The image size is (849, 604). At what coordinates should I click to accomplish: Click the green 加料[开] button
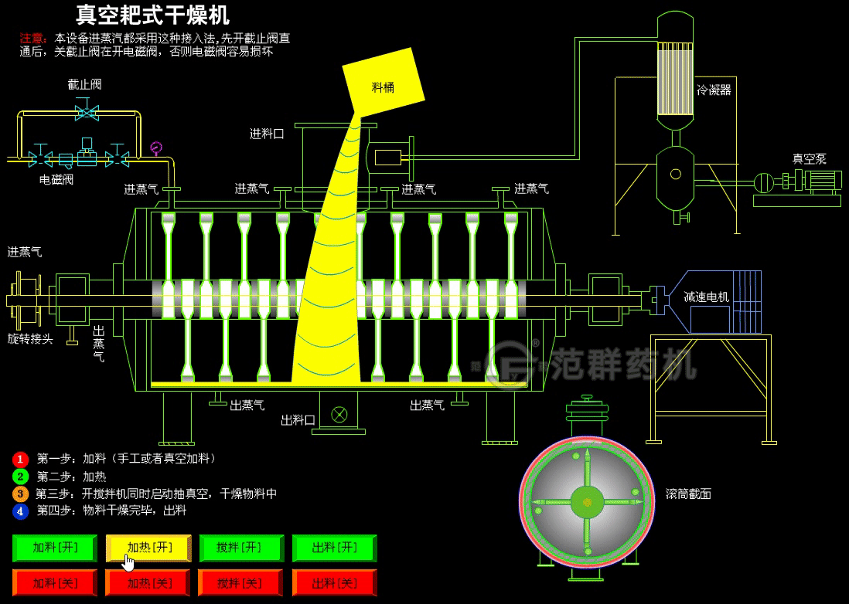[x=55, y=548]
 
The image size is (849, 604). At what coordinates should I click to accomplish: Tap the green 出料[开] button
[x=334, y=548]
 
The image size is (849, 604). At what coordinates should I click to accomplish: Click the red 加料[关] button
[x=55, y=583]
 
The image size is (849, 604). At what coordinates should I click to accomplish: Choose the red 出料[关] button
[x=334, y=583]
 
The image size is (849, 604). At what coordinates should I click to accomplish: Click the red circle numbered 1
[x=21, y=460]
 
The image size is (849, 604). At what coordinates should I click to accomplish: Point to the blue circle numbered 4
[x=21, y=511]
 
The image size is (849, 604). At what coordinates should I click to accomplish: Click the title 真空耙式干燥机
[x=152, y=15]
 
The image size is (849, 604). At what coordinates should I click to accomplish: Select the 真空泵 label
[x=809, y=159]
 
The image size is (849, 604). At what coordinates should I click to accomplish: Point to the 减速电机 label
[x=706, y=297]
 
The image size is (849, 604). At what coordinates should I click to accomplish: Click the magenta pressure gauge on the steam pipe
[x=157, y=146]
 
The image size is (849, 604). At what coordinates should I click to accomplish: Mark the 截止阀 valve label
[x=85, y=84]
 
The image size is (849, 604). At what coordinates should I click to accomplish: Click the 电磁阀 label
[x=56, y=180]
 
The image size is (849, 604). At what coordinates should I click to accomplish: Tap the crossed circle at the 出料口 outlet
[x=339, y=415]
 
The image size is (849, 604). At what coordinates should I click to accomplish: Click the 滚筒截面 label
[x=687, y=494]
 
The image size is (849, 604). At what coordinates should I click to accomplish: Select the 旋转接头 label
[x=30, y=338]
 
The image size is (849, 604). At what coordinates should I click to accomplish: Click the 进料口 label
[x=267, y=134]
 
